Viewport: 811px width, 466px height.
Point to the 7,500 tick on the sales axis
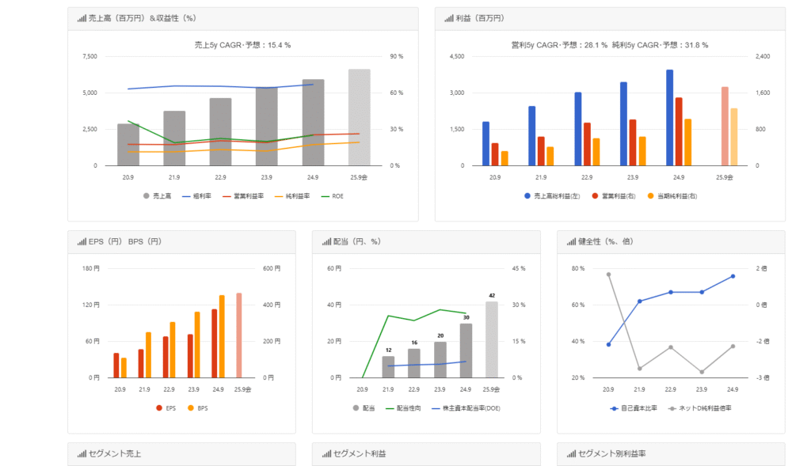click(89, 56)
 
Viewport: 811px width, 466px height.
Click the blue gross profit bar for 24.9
click(669, 117)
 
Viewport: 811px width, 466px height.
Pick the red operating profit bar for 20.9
click(495, 154)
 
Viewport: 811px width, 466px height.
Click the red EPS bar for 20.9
click(116, 365)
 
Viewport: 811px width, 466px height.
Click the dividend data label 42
click(492, 295)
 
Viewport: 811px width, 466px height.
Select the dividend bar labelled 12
click(388, 366)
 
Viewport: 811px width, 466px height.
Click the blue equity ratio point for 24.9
click(733, 276)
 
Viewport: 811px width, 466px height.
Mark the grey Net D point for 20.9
click(608, 275)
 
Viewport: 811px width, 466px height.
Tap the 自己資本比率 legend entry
click(634, 407)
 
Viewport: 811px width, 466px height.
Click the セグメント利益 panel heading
click(360, 454)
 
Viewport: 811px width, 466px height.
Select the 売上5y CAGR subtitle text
click(242, 45)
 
